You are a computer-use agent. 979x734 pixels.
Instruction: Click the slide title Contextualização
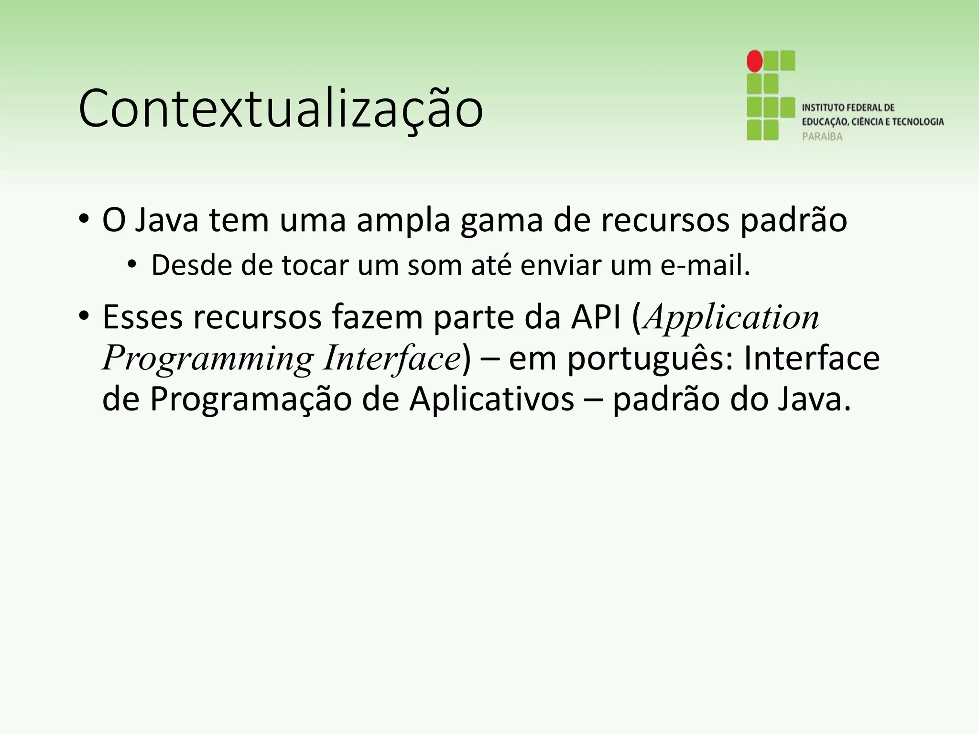(281, 109)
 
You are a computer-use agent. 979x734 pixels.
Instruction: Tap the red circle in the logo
(755, 61)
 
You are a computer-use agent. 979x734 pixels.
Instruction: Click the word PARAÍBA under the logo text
(822, 137)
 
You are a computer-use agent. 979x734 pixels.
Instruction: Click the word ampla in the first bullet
(403, 220)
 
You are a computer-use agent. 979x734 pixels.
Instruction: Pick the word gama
(501, 220)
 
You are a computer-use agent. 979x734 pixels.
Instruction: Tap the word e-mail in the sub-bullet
(705, 266)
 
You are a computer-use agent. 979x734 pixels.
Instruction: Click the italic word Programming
(208, 358)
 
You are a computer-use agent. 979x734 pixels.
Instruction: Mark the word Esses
(142, 317)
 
